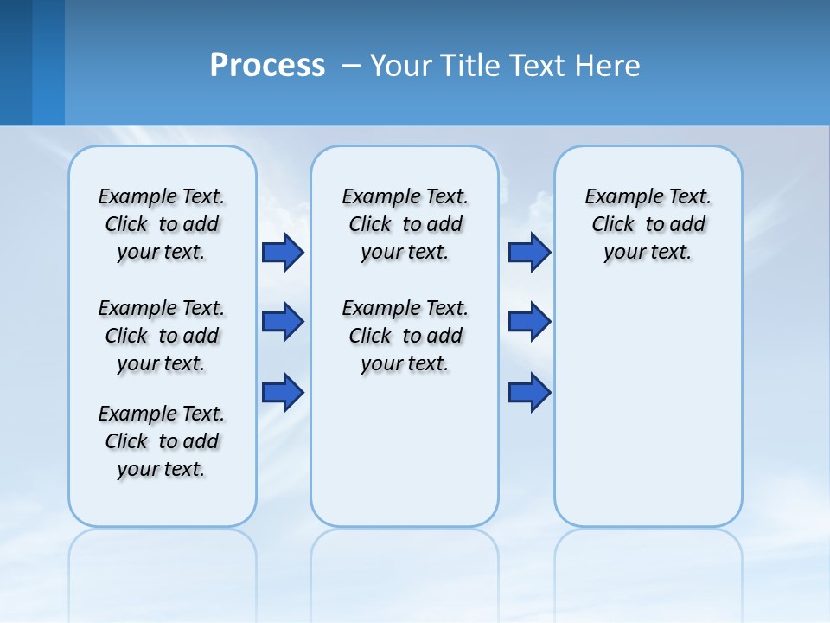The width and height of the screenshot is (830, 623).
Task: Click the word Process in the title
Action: [267, 66]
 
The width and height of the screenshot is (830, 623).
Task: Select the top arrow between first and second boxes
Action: [283, 253]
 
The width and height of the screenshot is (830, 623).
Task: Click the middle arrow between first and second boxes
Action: [283, 322]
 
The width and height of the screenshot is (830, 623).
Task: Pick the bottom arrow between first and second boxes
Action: [283, 393]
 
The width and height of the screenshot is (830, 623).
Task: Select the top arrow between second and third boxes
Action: [529, 253]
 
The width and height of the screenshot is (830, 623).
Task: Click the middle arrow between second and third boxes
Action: [529, 322]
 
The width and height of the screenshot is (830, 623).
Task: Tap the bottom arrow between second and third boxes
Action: [529, 393]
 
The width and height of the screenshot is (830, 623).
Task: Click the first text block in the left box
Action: [162, 224]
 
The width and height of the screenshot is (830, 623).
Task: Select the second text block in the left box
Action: [162, 336]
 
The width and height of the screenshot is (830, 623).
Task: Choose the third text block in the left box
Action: [162, 441]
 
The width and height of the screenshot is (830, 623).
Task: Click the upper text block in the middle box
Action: [405, 224]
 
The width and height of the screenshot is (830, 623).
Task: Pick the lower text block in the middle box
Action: [405, 336]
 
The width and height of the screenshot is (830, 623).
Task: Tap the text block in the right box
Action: [648, 224]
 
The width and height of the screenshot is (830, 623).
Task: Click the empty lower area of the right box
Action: [648, 415]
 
